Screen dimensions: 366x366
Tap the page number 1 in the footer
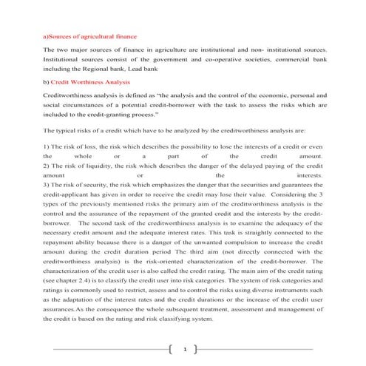(183, 348)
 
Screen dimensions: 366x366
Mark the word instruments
(292, 290)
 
